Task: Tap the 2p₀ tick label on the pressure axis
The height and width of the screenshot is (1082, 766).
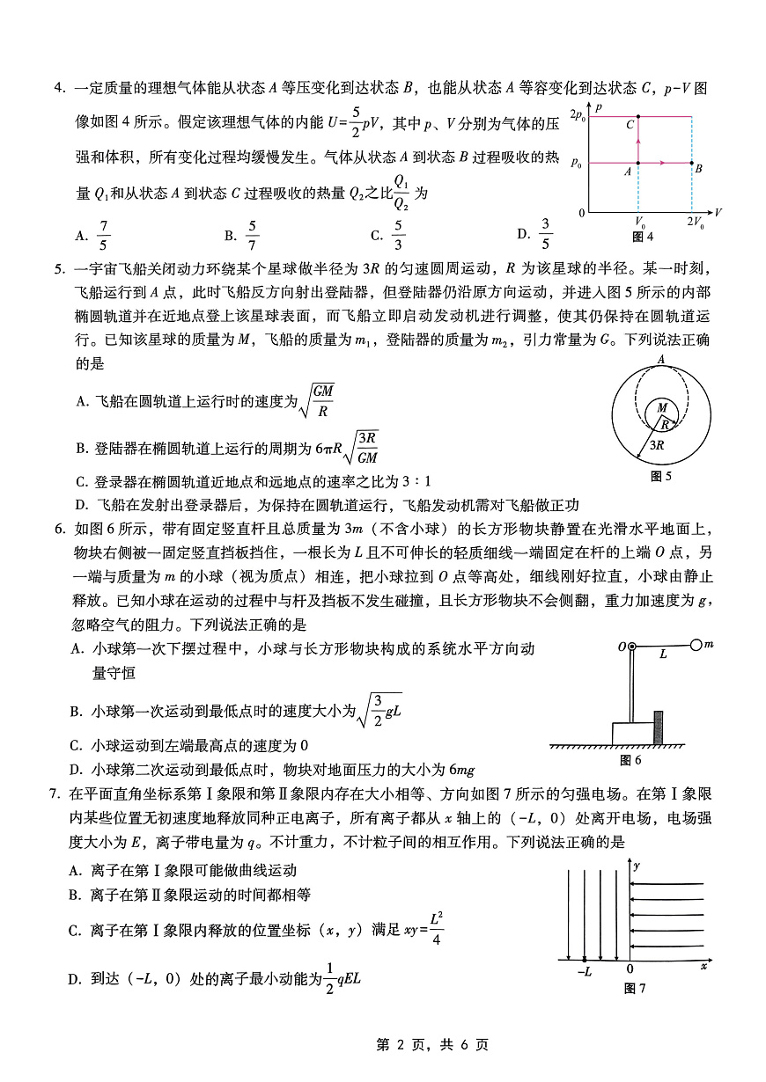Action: tap(578, 115)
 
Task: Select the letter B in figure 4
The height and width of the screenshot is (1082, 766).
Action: tap(698, 168)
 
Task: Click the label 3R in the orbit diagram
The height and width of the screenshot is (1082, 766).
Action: tap(656, 445)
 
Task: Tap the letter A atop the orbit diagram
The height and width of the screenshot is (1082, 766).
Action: tap(660, 359)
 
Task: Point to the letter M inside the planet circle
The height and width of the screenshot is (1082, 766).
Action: tap(659, 408)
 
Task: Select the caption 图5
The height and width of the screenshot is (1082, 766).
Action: tap(660, 476)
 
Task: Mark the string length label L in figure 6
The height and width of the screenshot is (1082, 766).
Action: tap(663, 655)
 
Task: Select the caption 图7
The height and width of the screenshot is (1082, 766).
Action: tap(635, 989)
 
